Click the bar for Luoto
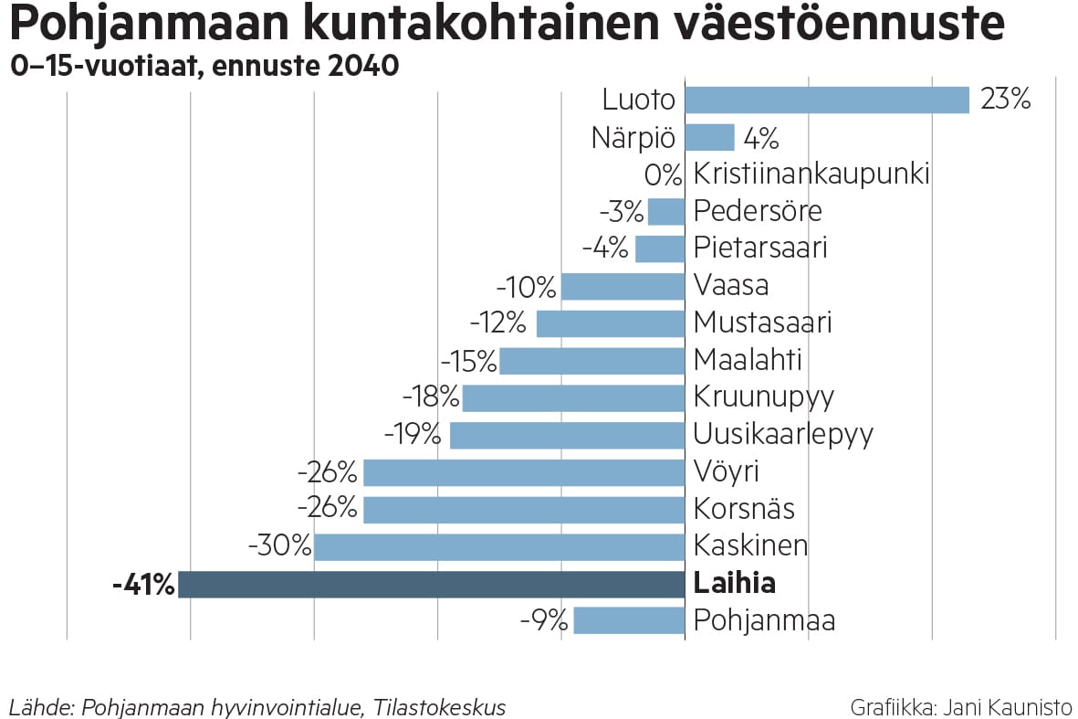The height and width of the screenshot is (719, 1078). [826, 100]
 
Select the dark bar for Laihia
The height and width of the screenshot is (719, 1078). [431, 584]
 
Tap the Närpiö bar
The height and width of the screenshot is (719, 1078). [709, 138]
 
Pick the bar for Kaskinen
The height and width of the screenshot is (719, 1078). [499, 546]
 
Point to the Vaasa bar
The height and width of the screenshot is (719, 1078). [623, 286]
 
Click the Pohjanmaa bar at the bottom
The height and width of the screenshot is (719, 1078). [629, 620]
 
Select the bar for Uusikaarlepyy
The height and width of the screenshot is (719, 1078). [567, 435]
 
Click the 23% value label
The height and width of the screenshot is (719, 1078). [1005, 100]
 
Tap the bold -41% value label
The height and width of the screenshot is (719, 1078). [142, 585]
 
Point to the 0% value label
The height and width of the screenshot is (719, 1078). [663, 174]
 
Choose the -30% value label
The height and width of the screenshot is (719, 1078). [279, 546]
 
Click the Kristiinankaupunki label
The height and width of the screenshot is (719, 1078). [811, 174]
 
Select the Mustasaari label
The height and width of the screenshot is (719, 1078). [762, 322]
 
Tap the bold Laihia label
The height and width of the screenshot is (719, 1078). [734, 583]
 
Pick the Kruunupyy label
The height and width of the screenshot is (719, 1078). [763, 397]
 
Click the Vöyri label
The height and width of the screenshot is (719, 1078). [726, 471]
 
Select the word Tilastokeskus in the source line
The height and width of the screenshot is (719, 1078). [439, 707]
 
